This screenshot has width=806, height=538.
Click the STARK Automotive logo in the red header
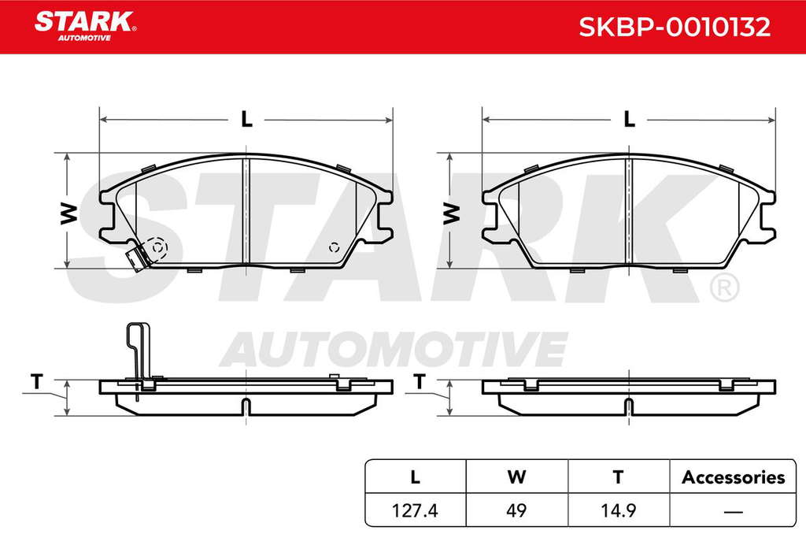point(85,26)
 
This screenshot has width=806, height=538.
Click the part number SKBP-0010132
point(675,28)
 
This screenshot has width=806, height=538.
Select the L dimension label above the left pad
point(247,119)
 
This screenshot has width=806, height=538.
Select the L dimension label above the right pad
point(629,119)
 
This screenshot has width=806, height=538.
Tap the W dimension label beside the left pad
point(69,213)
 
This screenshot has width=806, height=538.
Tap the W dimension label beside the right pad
point(451,213)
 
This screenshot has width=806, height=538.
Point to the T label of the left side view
point(36,381)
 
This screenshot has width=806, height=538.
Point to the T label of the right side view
point(420,381)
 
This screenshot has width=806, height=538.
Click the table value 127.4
point(415,510)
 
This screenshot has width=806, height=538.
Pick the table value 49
point(516,510)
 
